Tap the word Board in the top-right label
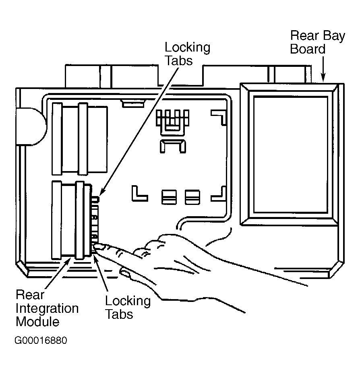[308, 49]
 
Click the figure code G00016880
[41, 340]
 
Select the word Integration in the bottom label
[47, 309]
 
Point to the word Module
[37, 322]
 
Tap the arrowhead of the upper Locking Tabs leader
[102, 191]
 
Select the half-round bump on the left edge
[31, 126]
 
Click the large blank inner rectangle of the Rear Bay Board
[291, 154]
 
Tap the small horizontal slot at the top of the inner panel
[133, 104]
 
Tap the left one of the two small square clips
[169, 197]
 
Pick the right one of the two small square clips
[192, 197]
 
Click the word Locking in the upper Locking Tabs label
[188, 48]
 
